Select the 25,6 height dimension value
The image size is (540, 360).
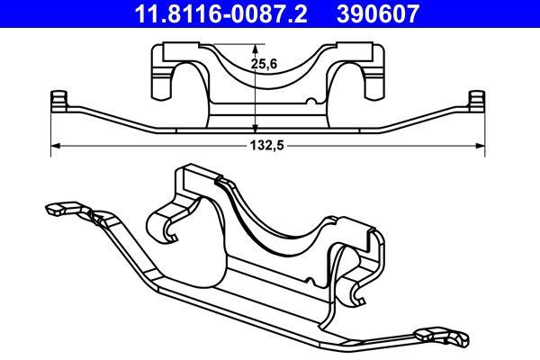(x=262, y=65)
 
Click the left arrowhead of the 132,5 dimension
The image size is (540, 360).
(x=55, y=144)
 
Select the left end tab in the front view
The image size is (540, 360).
(x=59, y=100)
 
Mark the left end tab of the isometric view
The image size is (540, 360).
(x=56, y=208)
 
